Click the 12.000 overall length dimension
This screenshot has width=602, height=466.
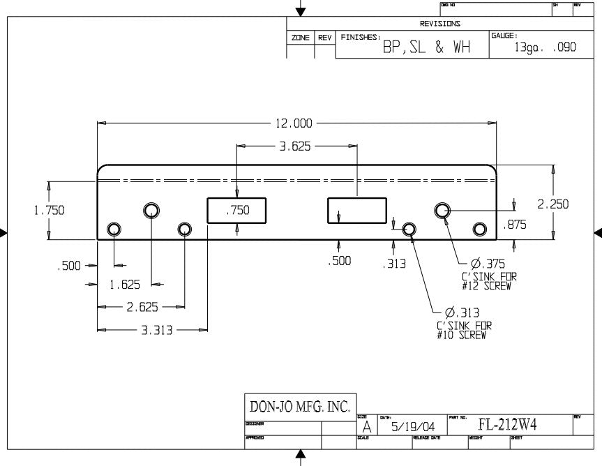coord(294,123)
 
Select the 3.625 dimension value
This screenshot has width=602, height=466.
coord(294,146)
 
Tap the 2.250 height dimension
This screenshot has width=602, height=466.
coord(552,204)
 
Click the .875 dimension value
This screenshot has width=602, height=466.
coord(514,225)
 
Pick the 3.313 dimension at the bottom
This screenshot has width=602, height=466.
coord(156,330)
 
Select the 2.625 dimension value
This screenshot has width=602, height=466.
coord(142,307)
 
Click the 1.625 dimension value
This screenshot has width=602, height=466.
coord(125,285)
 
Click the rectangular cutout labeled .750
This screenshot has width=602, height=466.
coord(237,211)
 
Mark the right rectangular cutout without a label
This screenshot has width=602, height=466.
coord(357,211)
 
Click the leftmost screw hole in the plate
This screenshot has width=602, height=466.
coord(114,230)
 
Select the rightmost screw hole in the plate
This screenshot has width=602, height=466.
coord(479,230)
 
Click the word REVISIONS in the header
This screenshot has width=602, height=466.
coord(439,23)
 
